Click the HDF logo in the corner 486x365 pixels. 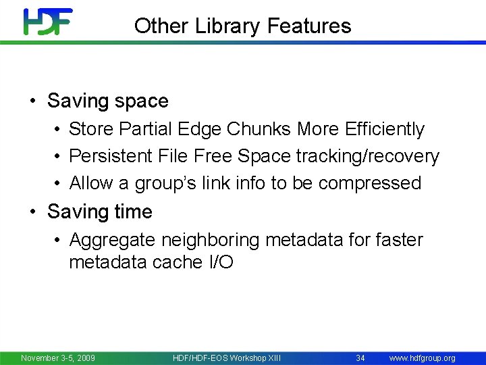point(47,22)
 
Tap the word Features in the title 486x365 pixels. point(309,26)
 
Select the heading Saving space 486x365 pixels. point(108,101)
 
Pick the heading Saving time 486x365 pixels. point(100,212)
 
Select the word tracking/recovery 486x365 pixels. point(367,156)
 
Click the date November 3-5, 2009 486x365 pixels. point(58,358)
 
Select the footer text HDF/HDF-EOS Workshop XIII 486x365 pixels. point(227,358)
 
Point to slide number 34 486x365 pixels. point(360,358)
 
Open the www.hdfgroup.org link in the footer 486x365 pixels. point(423,358)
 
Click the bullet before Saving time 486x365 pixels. point(32,212)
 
